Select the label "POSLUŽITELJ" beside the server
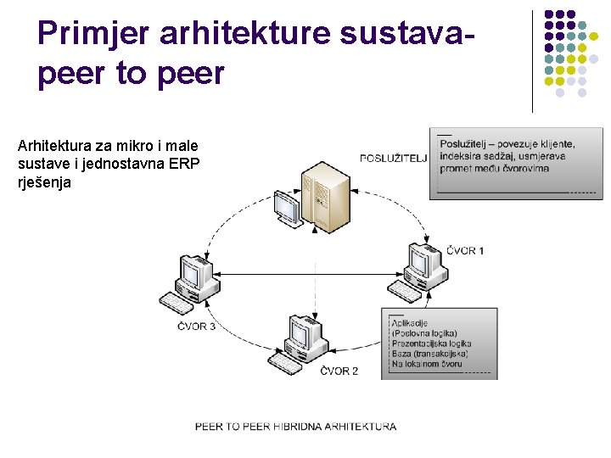point(393,158)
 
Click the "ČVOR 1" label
point(466,250)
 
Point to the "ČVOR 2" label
point(339,371)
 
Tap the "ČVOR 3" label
point(196,327)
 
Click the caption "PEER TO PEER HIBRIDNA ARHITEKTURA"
point(295,427)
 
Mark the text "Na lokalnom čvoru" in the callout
point(427,364)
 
